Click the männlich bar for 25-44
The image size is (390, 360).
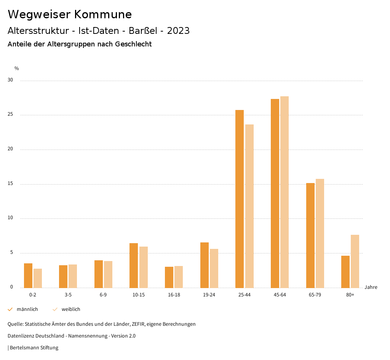click(x=240, y=199)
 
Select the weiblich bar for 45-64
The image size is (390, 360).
click(x=285, y=192)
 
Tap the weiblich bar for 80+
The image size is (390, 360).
click(x=355, y=261)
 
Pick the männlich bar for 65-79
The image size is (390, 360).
click(x=310, y=235)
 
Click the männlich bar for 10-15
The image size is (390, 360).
click(x=134, y=265)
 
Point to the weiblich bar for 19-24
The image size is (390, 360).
click(x=214, y=268)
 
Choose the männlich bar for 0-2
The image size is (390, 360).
click(x=28, y=276)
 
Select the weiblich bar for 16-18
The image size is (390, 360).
click(x=179, y=277)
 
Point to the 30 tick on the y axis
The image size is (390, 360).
click(x=10, y=80)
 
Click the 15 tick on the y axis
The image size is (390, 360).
click(x=10, y=184)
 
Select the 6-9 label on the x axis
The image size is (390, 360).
click(x=103, y=295)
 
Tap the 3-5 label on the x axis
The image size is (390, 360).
click(x=68, y=295)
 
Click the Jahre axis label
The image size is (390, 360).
click(x=371, y=287)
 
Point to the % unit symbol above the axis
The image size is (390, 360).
click(x=17, y=68)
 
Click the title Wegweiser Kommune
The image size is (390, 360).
click(x=70, y=14)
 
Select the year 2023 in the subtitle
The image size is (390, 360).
click(x=178, y=31)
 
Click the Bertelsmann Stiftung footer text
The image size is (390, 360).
click(x=34, y=347)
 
